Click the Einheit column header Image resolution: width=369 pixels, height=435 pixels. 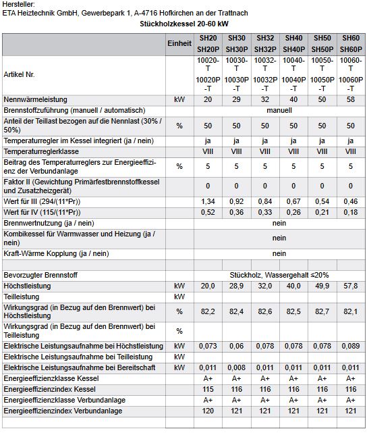point(179,43)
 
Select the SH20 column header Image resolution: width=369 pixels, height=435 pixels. point(208,38)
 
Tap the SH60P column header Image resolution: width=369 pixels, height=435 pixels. point(351,49)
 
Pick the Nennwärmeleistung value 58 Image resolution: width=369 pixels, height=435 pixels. point(351,99)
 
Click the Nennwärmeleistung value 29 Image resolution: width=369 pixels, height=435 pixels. point(236,99)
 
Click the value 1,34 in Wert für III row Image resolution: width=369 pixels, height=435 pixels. point(208,201)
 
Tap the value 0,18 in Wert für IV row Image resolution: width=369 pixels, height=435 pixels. point(351,212)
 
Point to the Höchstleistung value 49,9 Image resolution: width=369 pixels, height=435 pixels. point(322,286)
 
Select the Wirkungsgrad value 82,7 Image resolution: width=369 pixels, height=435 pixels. point(322,311)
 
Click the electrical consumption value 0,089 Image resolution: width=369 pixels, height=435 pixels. point(351,346)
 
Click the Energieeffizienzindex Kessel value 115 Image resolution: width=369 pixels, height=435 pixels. point(208,389)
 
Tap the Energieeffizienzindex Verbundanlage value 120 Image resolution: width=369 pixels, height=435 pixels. point(208,411)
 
